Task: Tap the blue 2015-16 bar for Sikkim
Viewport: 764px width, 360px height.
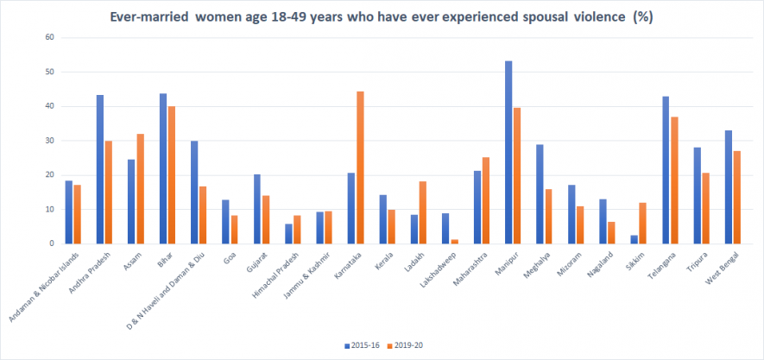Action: (x=634, y=239)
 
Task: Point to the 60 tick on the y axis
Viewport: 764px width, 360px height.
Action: (x=50, y=38)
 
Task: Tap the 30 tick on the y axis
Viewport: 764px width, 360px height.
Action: (x=50, y=141)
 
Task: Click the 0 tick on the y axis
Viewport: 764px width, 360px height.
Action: (x=53, y=243)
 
